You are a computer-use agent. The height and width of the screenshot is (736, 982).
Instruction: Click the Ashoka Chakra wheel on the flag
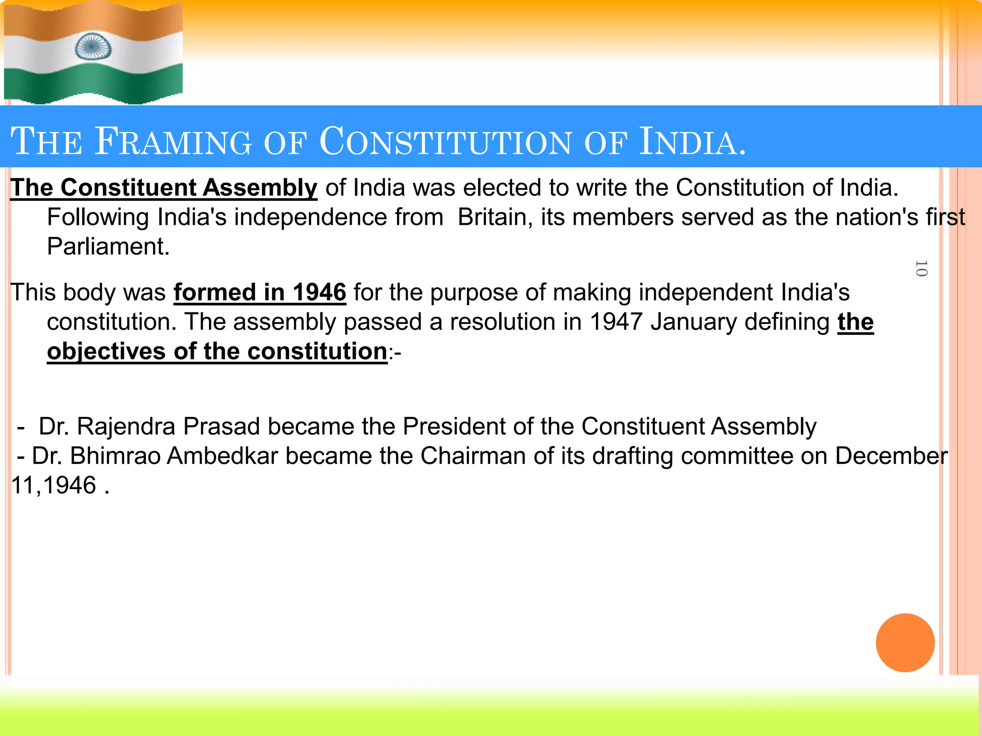point(94,47)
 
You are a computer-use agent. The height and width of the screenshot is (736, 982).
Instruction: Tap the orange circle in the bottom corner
point(905,643)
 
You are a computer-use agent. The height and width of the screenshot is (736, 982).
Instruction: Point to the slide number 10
point(921,268)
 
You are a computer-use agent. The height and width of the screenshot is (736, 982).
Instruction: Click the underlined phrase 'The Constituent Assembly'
point(164,187)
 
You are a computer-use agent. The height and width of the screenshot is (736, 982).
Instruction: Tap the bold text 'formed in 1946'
point(259,292)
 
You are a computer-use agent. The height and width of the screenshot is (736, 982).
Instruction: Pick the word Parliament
point(108,247)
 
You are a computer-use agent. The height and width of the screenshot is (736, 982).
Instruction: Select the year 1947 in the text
point(616,322)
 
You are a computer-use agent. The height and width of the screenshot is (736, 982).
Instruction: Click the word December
point(891,456)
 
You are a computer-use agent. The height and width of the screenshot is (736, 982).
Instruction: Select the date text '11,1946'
point(54,485)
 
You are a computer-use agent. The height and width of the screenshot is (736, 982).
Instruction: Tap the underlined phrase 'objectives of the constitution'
point(217,352)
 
